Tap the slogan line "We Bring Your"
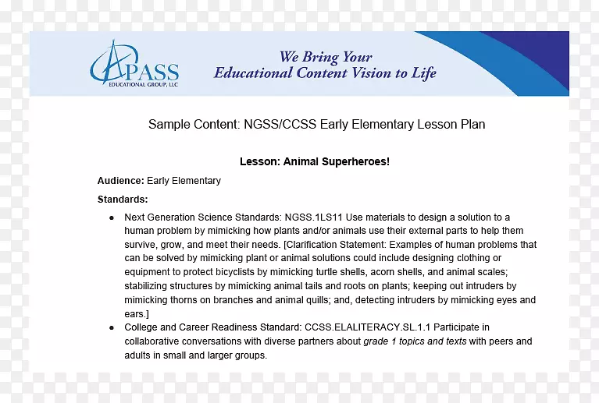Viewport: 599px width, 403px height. (326, 57)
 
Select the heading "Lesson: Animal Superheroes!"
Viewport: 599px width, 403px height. (314, 161)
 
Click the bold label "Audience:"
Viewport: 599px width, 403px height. (120, 181)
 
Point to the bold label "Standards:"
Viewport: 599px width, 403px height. (123, 200)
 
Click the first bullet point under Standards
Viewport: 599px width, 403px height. (112, 217)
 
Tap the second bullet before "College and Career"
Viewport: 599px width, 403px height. (112, 328)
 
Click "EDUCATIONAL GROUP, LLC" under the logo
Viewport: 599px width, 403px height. (134, 83)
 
